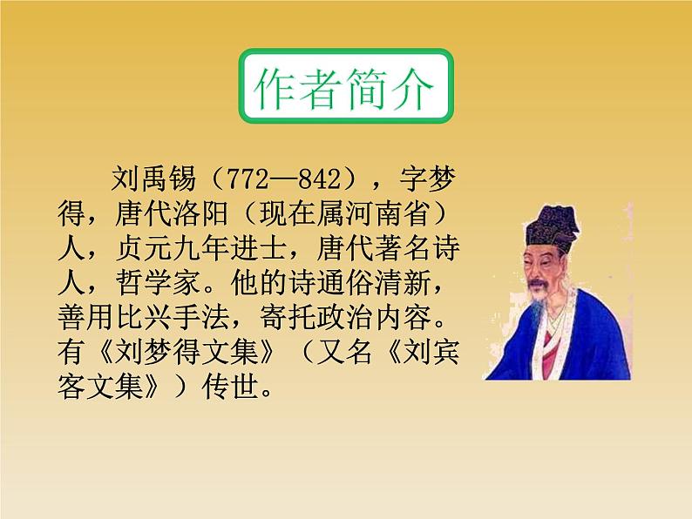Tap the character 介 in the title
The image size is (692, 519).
pyautogui.click(x=414, y=90)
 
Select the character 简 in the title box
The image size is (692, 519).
pyautogui.click(x=368, y=90)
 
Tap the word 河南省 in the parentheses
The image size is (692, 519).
pyautogui.click(x=397, y=214)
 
